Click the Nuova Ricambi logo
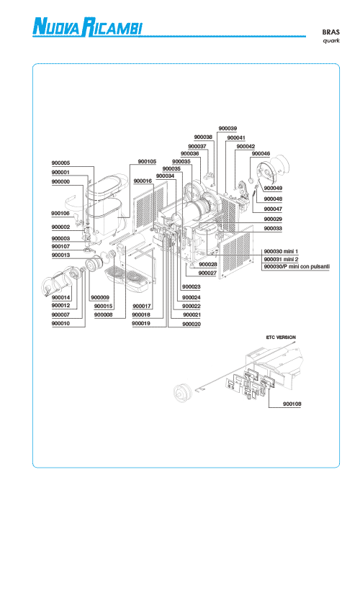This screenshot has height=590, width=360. click(x=88, y=27)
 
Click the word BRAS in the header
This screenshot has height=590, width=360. click(x=330, y=32)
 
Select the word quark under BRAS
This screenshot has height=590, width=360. click(x=331, y=40)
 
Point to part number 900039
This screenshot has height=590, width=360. click(x=228, y=128)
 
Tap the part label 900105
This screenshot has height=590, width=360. click(x=147, y=161)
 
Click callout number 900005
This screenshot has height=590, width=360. click(x=60, y=163)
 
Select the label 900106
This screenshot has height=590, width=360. click(x=60, y=214)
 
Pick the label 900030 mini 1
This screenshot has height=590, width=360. click(x=281, y=251)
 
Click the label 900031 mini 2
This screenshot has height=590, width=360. click(x=281, y=259)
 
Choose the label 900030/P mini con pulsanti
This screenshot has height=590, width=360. click(x=297, y=267)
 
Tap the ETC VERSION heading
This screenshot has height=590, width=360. click(x=281, y=337)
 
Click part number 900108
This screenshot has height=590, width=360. click(x=292, y=404)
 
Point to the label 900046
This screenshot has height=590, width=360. click(x=261, y=153)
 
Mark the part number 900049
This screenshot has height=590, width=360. click(x=273, y=188)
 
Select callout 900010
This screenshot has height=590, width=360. click(x=60, y=323)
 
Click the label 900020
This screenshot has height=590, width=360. click(x=192, y=324)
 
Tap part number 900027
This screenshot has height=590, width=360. click(x=207, y=273)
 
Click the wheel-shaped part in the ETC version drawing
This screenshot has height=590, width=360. click(x=183, y=392)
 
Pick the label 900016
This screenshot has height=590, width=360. click(x=143, y=181)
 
